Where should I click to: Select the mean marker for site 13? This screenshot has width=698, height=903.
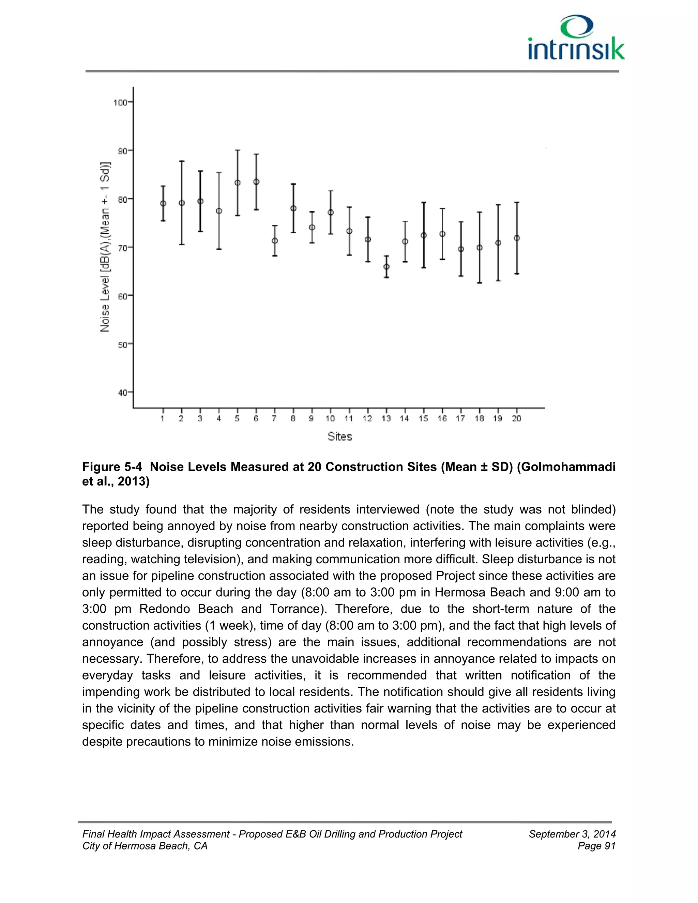pyautogui.click(x=386, y=267)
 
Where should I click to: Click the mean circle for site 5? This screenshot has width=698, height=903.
pyautogui.click(x=237, y=183)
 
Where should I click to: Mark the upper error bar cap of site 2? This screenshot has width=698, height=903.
pyautogui.click(x=182, y=161)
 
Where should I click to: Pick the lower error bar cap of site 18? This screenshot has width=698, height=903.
pyautogui.click(x=479, y=283)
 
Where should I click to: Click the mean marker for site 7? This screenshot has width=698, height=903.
pyautogui.click(x=275, y=241)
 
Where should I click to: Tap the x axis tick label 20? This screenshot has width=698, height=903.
pyautogui.click(x=516, y=418)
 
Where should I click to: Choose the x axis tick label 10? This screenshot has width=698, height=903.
pyautogui.click(x=330, y=418)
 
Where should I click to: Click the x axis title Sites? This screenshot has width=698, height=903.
pyautogui.click(x=339, y=437)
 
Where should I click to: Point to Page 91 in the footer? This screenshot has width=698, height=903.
pyautogui.click(x=597, y=846)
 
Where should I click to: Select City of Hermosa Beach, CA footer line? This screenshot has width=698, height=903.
pyautogui.click(x=145, y=846)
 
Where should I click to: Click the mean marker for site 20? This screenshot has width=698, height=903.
pyautogui.click(x=516, y=238)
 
